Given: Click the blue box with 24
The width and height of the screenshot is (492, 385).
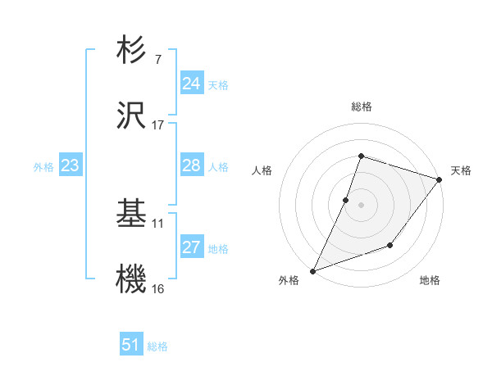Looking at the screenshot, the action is click(192, 84).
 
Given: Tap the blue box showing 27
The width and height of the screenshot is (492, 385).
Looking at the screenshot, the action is click(192, 247).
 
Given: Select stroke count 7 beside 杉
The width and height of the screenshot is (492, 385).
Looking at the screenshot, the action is click(157, 60).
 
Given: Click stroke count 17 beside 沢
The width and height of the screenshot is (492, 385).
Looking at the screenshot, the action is click(157, 125).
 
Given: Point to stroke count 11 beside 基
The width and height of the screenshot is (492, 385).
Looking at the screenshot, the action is click(158, 224).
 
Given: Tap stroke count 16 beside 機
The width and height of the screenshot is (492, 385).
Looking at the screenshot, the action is click(158, 289).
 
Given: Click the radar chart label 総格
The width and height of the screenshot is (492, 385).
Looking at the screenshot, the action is click(361, 106).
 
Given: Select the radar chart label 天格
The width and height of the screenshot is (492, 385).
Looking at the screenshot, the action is click(461, 170).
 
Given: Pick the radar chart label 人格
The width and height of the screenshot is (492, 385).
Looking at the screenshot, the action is click(262, 170).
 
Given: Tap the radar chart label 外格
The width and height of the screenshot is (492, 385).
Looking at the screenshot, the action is click(289, 281).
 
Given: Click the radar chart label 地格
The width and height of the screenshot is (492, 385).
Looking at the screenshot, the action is click(430, 281).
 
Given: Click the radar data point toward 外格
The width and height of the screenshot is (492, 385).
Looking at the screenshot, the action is click(312, 270).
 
